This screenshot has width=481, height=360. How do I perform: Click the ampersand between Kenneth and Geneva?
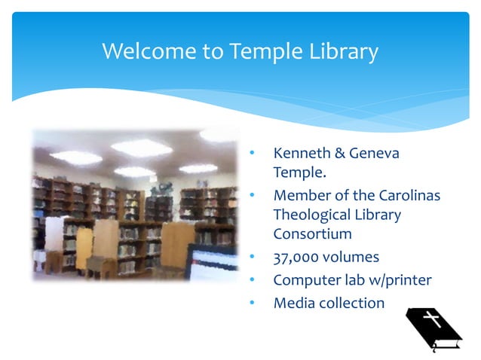coord(337,154)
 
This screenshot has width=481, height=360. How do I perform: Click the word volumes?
coord(354,257)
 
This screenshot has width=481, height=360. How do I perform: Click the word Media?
coord(293,303)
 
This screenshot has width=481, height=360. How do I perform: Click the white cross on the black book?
coord(432,319)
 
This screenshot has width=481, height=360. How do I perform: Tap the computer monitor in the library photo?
coord(215,264)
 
